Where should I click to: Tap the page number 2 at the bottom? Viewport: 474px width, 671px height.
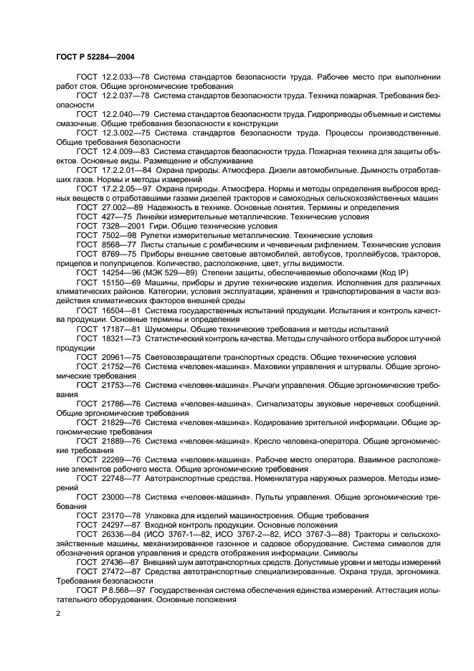coord(58,614)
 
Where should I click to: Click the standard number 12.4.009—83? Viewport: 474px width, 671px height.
coord(125,151)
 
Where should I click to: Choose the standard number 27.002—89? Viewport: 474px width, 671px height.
coord(121,207)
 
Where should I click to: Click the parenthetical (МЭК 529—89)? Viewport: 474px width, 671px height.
coord(182,272)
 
